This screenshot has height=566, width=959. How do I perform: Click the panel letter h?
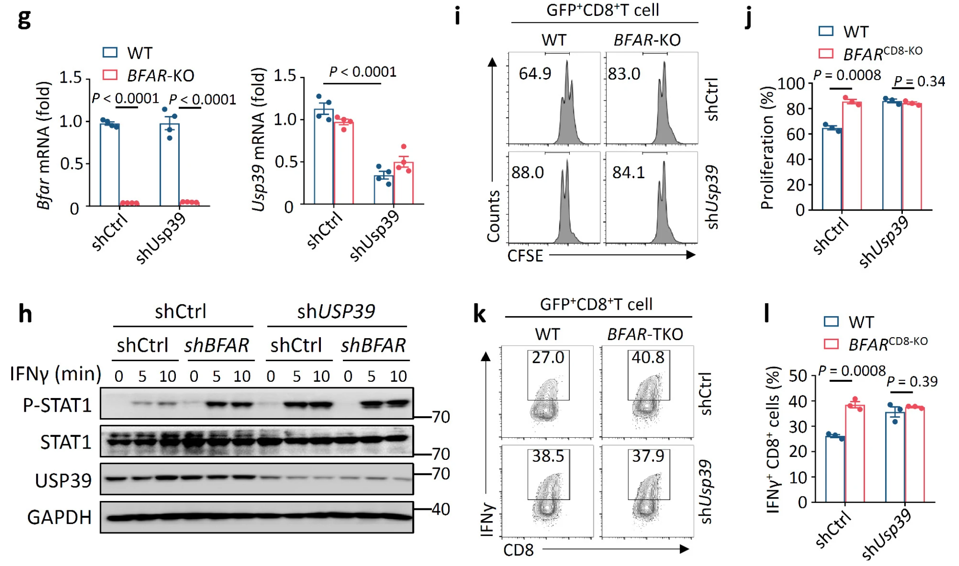pyautogui.click(x=25, y=313)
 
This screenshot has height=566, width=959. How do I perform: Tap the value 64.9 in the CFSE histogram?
pyautogui.click(x=535, y=73)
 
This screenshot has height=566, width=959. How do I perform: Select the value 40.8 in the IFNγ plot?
pyautogui.click(x=648, y=357)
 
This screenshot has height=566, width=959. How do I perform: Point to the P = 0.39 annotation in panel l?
pyautogui.click(x=912, y=381)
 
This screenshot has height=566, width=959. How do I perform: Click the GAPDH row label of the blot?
pyautogui.click(x=59, y=517)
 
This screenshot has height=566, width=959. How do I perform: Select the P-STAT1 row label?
pyautogui.click(x=57, y=405)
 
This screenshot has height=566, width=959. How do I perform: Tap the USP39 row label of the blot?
pyautogui.click(x=63, y=480)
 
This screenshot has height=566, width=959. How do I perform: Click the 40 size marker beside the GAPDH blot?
pyautogui.click(x=440, y=509)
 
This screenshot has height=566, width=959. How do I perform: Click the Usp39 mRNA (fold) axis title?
pyautogui.click(x=258, y=140)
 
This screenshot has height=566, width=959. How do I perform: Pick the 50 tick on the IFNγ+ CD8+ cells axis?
pyautogui.click(x=798, y=376)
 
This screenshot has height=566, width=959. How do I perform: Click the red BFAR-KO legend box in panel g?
pyautogui.click(x=110, y=75)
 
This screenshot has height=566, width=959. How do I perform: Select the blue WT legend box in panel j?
pyautogui.click(x=826, y=31)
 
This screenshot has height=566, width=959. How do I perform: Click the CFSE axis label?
pyautogui.click(x=525, y=256)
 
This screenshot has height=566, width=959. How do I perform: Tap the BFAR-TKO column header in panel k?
pyautogui.click(x=645, y=334)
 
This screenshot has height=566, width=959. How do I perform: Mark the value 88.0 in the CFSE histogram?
pyautogui.click(x=528, y=173)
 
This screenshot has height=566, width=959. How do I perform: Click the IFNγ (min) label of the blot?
pyautogui.click(x=56, y=374)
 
